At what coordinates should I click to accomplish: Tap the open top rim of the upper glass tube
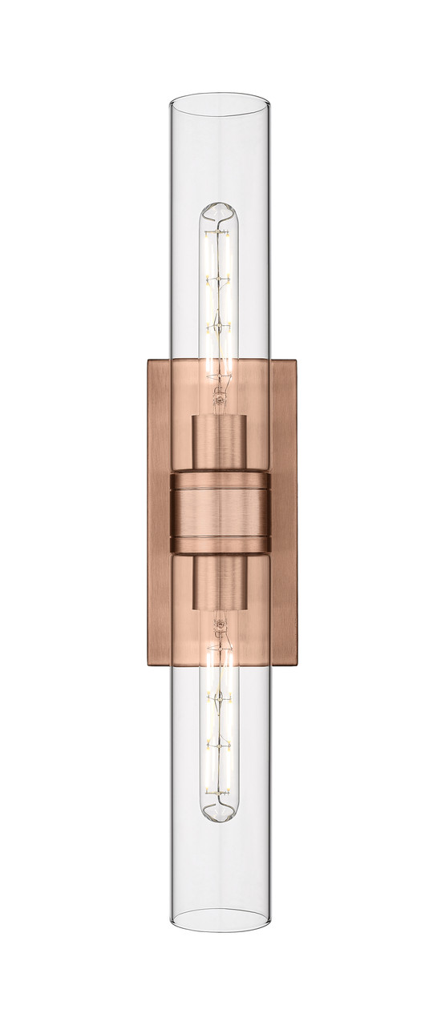click(x=220, y=101)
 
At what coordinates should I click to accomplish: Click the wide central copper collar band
click(x=220, y=512)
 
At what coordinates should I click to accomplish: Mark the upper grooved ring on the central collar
click(x=220, y=481)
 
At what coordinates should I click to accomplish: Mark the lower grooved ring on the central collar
click(x=220, y=545)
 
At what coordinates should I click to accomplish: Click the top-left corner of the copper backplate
click(x=148, y=360)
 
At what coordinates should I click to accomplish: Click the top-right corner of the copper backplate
click(x=296, y=360)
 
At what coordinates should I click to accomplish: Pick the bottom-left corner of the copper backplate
click(x=148, y=664)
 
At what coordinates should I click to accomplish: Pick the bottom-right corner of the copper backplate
click(x=296, y=664)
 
